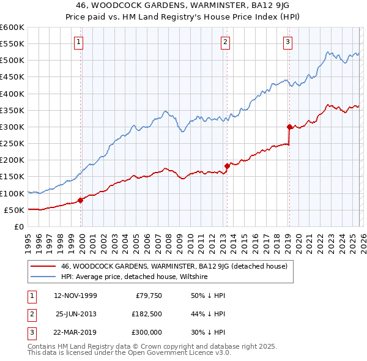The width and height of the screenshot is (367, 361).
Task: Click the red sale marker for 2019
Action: (289, 127)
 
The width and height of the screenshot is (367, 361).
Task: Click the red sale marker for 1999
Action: (81, 200)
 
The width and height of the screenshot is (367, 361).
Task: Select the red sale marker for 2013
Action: (227, 166)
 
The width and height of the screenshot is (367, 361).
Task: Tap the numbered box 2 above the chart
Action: (226, 42)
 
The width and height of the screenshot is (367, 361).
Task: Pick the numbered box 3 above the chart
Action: (288, 42)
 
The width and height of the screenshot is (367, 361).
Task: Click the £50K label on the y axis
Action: (14, 210)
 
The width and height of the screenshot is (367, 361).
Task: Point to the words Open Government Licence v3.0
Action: (177, 354)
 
